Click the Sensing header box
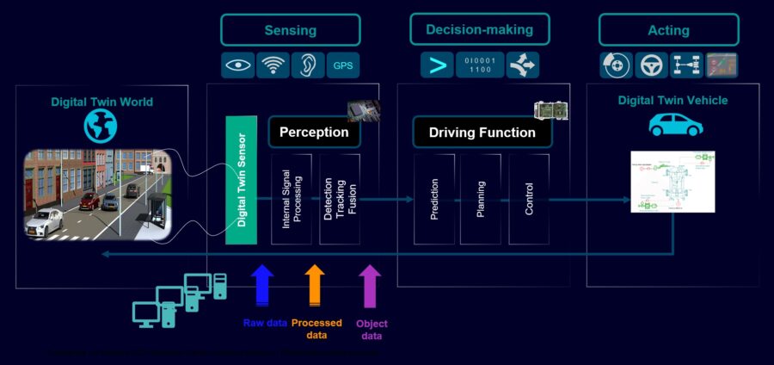coord(290,30)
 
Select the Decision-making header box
coord(479,30)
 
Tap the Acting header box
coord(668,30)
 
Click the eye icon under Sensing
coord(238,65)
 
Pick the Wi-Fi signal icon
coord(273,65)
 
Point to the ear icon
coord(307,65)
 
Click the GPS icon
coord(342,65)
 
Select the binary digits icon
coord(479,65)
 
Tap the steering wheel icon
coord(651,65)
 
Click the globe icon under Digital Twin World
coord(100,127)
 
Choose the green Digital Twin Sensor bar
coord(242,180)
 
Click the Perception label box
coord(314,133)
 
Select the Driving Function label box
coord(482,133)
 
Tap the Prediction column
coord(433,199)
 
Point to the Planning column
coord(481,199)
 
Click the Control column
coord(529,199)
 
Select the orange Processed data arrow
coord(316,283)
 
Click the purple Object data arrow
coord(370,283)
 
